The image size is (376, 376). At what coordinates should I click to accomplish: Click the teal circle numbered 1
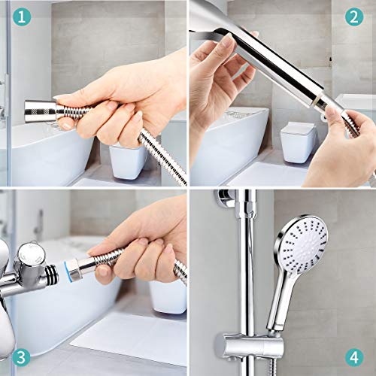(x=22, y=17)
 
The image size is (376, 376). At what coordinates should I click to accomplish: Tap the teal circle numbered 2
(x=354, y=17)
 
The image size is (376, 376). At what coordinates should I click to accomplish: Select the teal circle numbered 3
(x=21, y=357)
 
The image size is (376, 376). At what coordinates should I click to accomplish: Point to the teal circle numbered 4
(x=354, y=357)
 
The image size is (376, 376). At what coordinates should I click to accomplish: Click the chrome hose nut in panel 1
(x=41, y=111)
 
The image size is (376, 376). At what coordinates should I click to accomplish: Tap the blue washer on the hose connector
(x=68, y=271)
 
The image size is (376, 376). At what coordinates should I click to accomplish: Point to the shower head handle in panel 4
(x=280, y=303)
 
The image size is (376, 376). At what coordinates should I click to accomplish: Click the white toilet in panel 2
(x=299, y=142)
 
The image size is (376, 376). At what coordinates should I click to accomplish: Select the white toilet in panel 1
(x=128, y=162)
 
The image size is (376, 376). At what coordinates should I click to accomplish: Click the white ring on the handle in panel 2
(x=318, y=102)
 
